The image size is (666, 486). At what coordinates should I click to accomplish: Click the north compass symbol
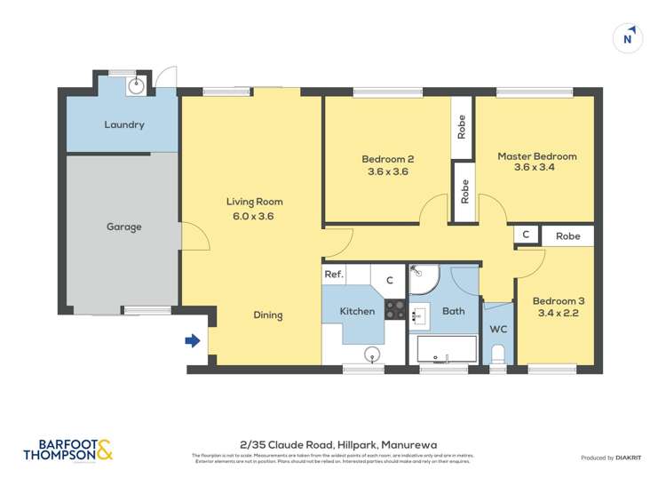(x=628, y=38)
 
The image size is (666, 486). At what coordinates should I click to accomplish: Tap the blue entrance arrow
(x=192, y=340)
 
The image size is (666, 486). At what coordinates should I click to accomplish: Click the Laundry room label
(x=124, y=124)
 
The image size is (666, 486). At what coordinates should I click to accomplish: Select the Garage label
(x=124, y=227)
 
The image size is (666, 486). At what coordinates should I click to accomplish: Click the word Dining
(x=267, y=315)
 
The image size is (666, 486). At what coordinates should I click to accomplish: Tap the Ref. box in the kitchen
(x=334, y=275)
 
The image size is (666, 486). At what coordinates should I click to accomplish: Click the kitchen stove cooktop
(x=395, y=309)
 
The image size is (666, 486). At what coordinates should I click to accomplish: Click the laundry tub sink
(x=135, y=86)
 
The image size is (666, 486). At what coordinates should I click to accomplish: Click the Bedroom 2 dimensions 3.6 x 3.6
(x=387, y=171)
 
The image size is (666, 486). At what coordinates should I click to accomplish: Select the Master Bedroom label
(x=536, y=156)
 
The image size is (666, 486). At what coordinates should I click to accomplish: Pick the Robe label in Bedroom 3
(x=568, y=236)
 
